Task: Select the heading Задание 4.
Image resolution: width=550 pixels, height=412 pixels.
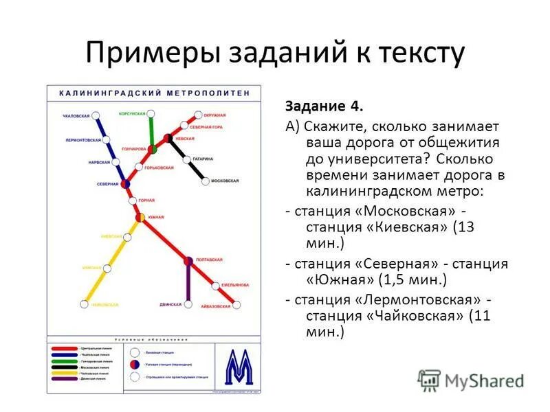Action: click(323, 107)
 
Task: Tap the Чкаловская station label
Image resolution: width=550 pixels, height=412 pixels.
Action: click(76, 115)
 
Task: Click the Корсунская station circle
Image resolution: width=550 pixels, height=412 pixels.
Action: click(152, 114)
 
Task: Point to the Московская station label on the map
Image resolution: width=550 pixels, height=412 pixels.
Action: click(224, 181)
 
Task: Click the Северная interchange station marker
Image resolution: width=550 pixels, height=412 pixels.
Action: click(126, 184)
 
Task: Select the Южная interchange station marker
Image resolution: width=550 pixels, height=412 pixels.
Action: click(140, 217)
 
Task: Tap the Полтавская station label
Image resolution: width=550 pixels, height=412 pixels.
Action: click(208, 260)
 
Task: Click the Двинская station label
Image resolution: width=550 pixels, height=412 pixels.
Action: click(170, 304)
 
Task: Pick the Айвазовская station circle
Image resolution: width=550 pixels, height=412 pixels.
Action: click(237, 306)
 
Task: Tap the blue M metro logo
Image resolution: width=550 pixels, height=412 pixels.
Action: click(239, 367)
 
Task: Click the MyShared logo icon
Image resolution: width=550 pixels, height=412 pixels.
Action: click(429, 380)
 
